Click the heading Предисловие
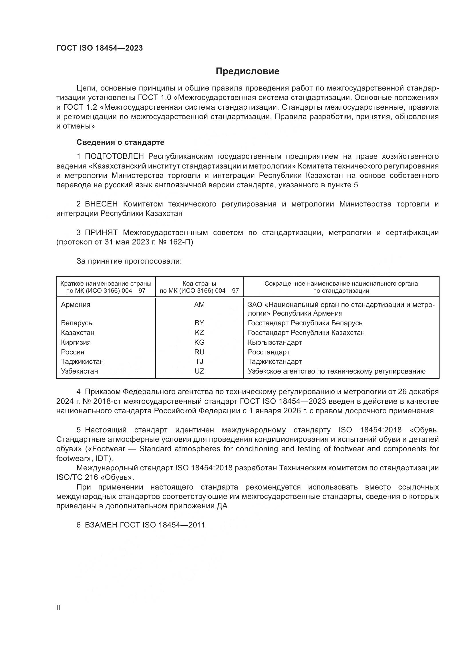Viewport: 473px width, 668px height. pos(247,71)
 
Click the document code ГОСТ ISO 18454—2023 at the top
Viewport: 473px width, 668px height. pos(99,48)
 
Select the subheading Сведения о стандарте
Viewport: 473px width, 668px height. pos(120,142)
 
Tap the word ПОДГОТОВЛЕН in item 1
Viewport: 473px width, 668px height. pos(114,157)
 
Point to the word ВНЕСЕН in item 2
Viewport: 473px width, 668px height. pos(101,204)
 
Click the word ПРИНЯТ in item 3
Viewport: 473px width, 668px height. pos(101,232)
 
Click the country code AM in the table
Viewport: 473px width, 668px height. pos(199,305)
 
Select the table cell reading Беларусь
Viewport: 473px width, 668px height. pos(76,323)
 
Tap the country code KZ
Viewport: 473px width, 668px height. pos(199,332)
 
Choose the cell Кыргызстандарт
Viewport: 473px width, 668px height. pos(275,342)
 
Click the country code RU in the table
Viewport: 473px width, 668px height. pos(199,352)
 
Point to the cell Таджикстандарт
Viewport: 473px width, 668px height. pos(275,362)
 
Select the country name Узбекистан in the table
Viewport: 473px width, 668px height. pos(79,371)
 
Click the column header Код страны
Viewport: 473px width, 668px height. pos(199,284)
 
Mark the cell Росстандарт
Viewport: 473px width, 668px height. pos(269,352)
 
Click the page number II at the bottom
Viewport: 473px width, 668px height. pos(58,608)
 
